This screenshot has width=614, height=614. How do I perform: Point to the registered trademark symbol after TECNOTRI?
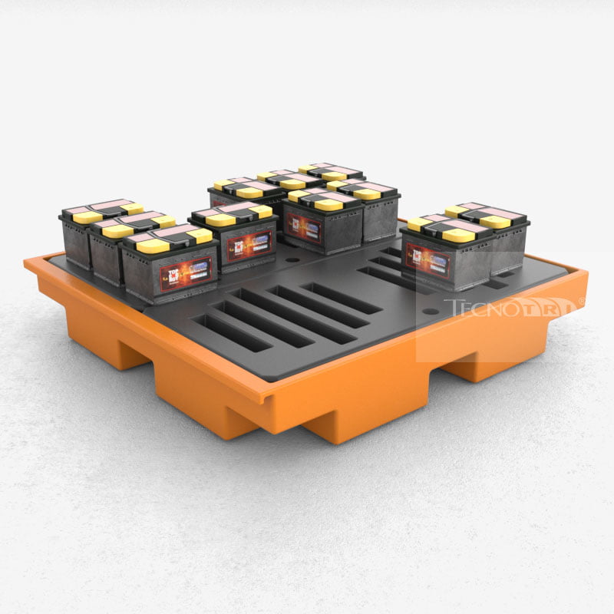point(581,302)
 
